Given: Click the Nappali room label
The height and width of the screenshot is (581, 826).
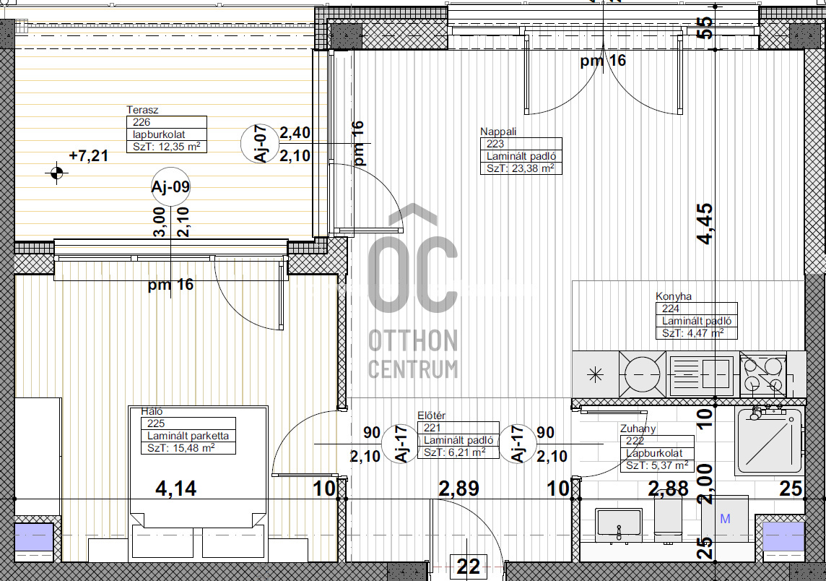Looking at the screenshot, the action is click(498, 132).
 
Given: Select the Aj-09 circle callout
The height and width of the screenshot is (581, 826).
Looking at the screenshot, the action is click(170, 186).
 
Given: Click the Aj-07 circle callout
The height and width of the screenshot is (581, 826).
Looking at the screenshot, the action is click(260, 143).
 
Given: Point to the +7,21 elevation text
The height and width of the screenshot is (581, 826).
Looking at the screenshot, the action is click(89, 155).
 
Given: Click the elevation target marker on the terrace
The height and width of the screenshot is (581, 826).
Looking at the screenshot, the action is click(56, 173).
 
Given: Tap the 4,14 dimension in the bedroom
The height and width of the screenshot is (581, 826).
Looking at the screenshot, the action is click(176, 489).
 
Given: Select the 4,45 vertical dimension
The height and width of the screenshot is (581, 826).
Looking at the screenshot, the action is click(705, 223).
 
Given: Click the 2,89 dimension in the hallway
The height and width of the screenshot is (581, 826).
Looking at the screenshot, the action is click(458, 489).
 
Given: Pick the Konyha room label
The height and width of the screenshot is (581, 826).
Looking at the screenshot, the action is click(673, 296).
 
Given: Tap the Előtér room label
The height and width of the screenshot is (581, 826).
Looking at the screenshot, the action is click(432, 416).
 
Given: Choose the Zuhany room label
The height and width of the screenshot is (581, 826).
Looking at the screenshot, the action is click(638, 429).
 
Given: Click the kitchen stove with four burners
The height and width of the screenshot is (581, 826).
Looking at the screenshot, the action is click(763, 374).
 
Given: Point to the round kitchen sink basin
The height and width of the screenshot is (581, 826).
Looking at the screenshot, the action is click(642, 374).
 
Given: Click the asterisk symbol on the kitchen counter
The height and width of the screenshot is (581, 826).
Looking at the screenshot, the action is click(595, 375).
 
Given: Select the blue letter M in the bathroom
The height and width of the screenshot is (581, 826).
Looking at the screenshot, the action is click(725, 519).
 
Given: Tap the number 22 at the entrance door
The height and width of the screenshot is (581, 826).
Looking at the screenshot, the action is click(468, 567).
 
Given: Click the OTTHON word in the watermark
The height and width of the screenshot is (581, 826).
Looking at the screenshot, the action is click(413, 340).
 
